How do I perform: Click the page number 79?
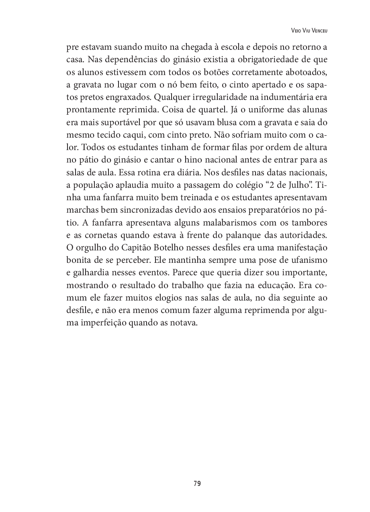pyautogui.click(x=197, y=483)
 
